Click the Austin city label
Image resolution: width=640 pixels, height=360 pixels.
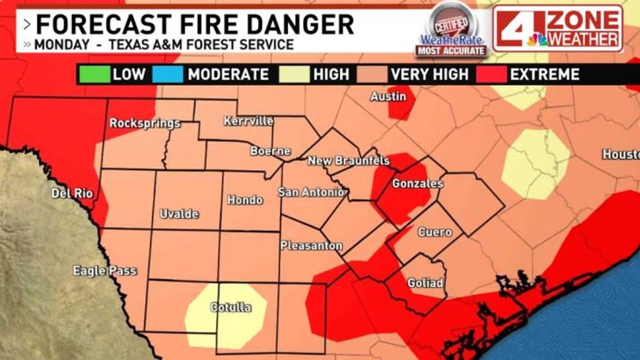[x=388, y=97]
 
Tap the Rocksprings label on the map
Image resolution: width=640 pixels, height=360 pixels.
[x=144, y=123]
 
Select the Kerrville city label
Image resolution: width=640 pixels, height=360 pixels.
[x=249, y=121]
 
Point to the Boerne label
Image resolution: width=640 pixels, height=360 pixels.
[x=271, y=151]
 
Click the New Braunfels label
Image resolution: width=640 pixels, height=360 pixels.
[x=349, y=160]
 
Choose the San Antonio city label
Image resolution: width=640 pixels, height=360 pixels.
[x=310, y=191]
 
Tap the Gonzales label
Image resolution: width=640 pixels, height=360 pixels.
[x=417, y=184]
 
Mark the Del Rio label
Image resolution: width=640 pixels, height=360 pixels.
[x=72, y=193]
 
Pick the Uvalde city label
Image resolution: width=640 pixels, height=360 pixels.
[x=179, y=214]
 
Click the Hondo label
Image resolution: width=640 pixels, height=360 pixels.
[x=245, y=200]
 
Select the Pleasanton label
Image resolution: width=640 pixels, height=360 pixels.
[x=311, y=246]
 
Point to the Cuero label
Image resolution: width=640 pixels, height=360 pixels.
[x=435, y=232]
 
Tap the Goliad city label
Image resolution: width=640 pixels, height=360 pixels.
[x=425, y=283]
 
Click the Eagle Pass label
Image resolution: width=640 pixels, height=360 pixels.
[x=105, y=270]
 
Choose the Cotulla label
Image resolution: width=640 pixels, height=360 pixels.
[x=231, y=307]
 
